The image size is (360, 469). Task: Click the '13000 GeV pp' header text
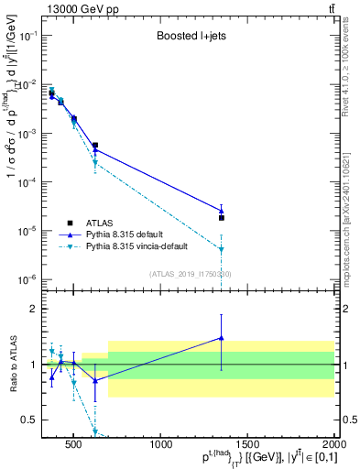pyautogui.click(x=74, y=8)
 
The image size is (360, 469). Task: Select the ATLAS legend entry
pyautogui.click(x=100, y=222)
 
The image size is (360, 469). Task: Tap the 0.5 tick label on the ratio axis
pyautogui.click(x=30, y=420)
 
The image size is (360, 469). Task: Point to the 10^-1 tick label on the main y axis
pyautogui.click(x=27, y=35)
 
